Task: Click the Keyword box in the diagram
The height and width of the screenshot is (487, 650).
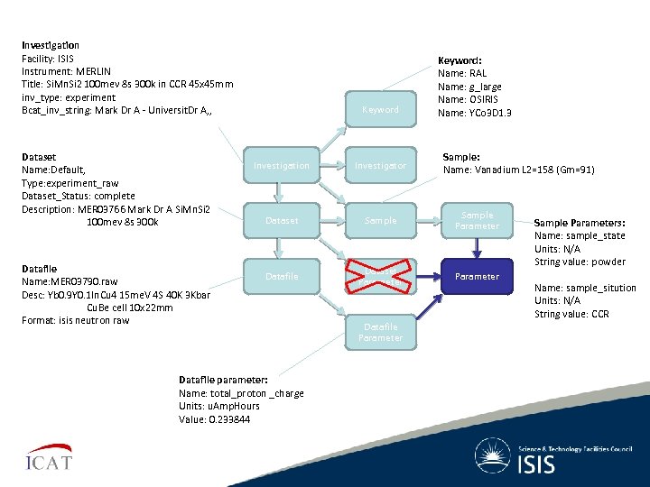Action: (380, 109)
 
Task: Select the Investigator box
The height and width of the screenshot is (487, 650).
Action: (380, 166)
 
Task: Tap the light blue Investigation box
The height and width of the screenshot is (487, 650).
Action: (281, 166)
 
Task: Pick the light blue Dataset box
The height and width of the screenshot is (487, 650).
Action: (281, 221)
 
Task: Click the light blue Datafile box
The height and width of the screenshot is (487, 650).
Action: (281, 276)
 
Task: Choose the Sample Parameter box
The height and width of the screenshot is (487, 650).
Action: (477, 221)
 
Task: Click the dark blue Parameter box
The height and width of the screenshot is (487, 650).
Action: (477, 276)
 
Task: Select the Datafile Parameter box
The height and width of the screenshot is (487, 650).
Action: (380, 332)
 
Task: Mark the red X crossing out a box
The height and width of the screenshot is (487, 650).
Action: (380, 276)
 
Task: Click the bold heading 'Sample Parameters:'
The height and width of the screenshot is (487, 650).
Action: (579, 223)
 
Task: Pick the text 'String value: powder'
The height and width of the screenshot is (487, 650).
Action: (580, 262)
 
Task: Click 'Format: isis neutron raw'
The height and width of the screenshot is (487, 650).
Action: (75, 320)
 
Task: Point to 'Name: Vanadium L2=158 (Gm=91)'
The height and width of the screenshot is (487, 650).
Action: (518, 170)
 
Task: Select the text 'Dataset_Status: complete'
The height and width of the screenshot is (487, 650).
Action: (78, 196)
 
